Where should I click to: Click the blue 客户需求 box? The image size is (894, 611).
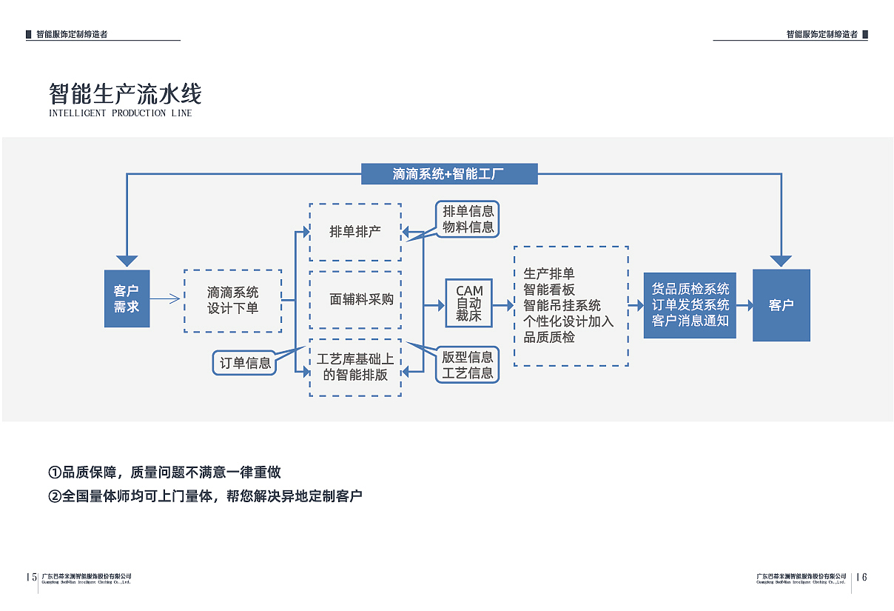(127, 298)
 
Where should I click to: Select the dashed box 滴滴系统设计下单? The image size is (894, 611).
(232, 301)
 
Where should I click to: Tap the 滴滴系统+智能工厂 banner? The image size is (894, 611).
(448, 174)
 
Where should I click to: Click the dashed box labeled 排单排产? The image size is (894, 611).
(355, 232)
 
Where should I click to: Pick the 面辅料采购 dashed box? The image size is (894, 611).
(355, 300)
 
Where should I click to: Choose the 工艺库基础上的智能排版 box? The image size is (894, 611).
(355, 367)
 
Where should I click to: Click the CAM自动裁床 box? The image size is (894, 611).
(468, 303)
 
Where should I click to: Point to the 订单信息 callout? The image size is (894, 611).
(245, 363)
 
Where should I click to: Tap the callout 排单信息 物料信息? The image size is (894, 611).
(468, 219)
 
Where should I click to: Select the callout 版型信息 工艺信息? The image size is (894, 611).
(468, 365)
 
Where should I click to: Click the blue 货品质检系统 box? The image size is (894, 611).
(690, 304)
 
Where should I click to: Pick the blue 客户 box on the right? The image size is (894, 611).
(781, 305)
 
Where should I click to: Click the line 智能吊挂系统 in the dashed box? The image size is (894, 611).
(562, 305)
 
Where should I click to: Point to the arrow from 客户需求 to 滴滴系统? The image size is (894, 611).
(166, 299)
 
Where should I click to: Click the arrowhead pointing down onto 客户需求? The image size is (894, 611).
(127, 261)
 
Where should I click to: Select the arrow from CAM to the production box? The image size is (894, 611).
(503, 304)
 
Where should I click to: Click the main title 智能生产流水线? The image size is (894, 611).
(125, 94)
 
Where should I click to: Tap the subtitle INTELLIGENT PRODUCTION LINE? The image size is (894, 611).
(120, 113)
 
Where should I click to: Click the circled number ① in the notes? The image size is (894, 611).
(55, 473)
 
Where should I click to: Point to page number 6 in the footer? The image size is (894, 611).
(864, 578)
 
